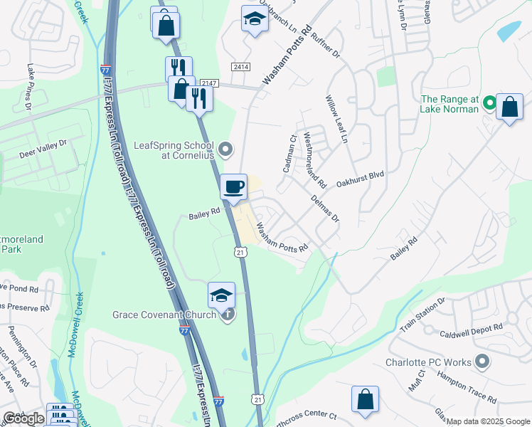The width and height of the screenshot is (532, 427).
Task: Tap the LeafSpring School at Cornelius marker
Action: click(225, 149)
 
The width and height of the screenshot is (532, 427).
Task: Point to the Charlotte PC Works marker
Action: click(482, 362)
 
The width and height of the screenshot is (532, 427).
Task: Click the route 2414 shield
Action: click(239, 66)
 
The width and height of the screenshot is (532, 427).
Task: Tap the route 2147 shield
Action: click(208, 84)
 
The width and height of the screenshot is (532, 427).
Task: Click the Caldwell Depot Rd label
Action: click(471, 327)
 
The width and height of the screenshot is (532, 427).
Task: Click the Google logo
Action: click(23, 418)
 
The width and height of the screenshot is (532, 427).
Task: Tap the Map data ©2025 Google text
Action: click(488, 421)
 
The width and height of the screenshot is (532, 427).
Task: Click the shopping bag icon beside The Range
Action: click(510, 107)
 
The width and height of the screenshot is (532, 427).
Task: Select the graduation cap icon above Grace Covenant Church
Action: click(221, 295)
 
